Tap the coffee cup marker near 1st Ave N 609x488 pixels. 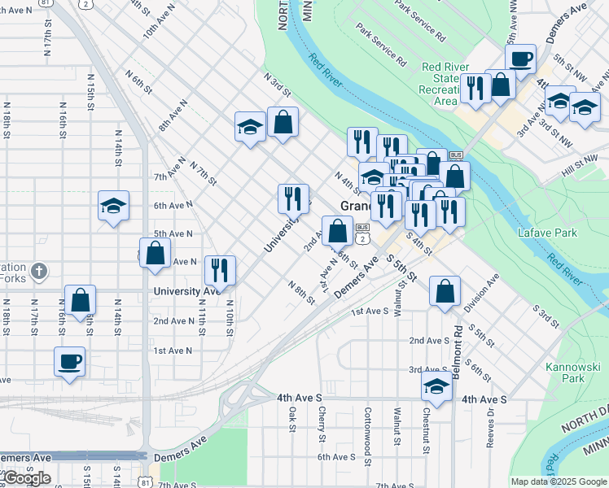(x=69, y=361)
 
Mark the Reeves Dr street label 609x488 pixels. (x=491, y=422)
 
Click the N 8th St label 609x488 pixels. (x=301, y=293)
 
